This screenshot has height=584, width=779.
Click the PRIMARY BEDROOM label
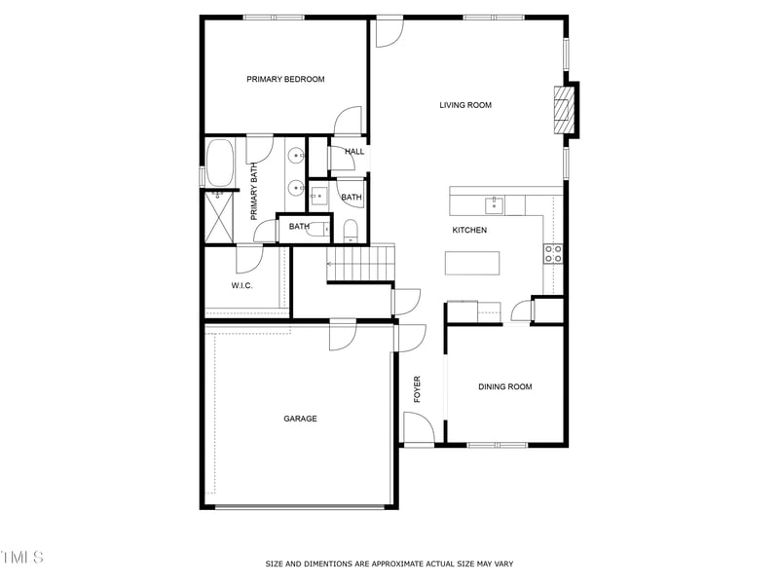[285, 79]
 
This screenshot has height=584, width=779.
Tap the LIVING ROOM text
[464, 105]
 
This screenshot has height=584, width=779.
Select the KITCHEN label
[469, 230]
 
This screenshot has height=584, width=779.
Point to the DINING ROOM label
[504, 387]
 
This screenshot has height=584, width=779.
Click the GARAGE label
[300, 419]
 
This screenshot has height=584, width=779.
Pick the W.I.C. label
[242, 285]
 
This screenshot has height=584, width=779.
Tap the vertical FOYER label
[418, 388]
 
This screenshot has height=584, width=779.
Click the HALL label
[354, 152]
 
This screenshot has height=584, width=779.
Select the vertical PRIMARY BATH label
[254, 191]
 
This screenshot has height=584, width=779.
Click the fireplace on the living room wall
[563, 109]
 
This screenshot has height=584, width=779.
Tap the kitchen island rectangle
[472, 263]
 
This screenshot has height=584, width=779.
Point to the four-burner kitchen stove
[553, 254]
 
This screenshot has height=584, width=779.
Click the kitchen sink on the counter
[494, 203]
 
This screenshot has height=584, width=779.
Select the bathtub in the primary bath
[220, 163]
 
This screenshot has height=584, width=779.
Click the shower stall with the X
[219, 215]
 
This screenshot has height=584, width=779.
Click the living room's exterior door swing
[389, 31]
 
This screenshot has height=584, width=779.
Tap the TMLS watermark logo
[21, 558]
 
